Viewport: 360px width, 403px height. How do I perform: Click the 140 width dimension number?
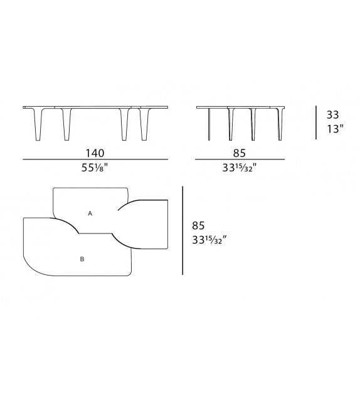[95, 153]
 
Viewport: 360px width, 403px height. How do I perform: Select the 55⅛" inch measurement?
[95, 168]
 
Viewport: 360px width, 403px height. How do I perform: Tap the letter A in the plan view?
[90, 213]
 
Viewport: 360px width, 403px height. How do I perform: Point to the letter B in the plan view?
[82, 257]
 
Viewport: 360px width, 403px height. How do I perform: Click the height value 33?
[332, 116]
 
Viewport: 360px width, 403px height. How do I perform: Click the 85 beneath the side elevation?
[239, 153]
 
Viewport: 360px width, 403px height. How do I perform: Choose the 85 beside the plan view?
[199, 225]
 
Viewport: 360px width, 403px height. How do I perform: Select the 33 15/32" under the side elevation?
[239, 168]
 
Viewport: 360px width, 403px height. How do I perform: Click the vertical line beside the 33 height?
[317, 122]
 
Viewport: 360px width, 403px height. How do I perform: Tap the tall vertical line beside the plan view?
[183, 230]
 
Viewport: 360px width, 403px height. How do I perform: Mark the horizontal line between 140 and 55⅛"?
[95, 160]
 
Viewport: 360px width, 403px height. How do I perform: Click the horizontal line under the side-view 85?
[239, 160]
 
